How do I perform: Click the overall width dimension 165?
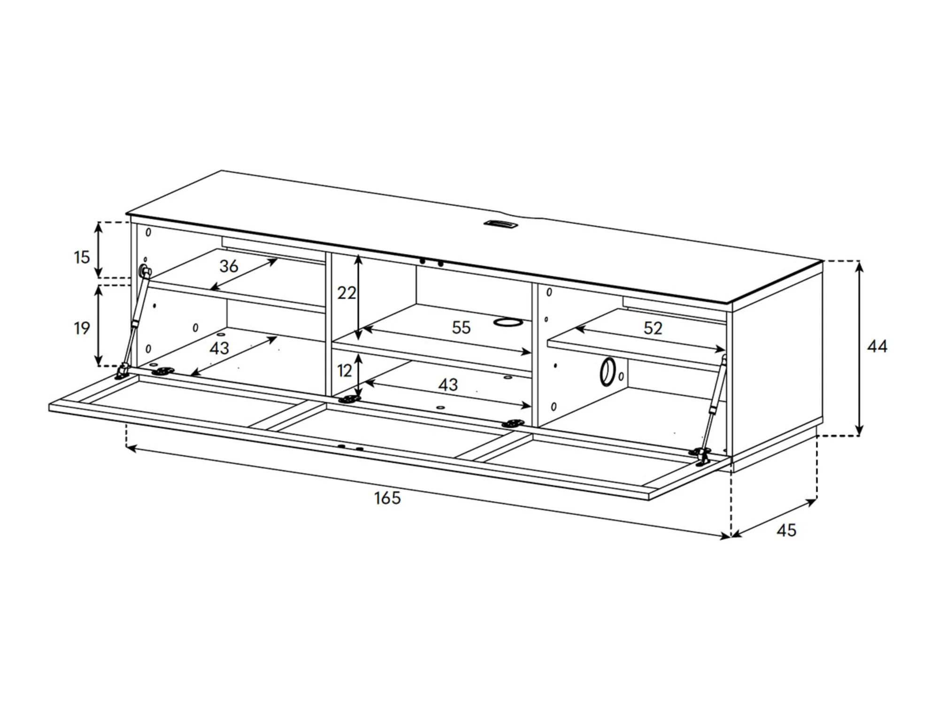[x=387, y=498]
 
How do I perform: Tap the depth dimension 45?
[x=786, y=530]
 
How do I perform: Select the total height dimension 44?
[x=877, y=346]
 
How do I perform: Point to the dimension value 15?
[x=82, y=257]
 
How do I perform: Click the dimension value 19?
[x=82, y=328]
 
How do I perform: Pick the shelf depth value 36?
[x=229, y=266]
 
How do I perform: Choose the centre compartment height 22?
[x=346, y=293]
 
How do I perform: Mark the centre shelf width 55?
[x=461, y=328]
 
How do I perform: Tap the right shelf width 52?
[x=653, y=328]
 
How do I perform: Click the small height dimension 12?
[x=344, y=371]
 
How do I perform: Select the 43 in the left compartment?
[x=219, y=348]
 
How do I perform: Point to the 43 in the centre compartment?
[x=448, y=385]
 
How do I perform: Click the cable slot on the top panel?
[x=501, y=224]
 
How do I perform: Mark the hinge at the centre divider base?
[x=349, y=400]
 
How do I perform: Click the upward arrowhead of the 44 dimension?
[x=859, y=266]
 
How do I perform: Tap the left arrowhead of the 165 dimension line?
[x=131, y=449]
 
